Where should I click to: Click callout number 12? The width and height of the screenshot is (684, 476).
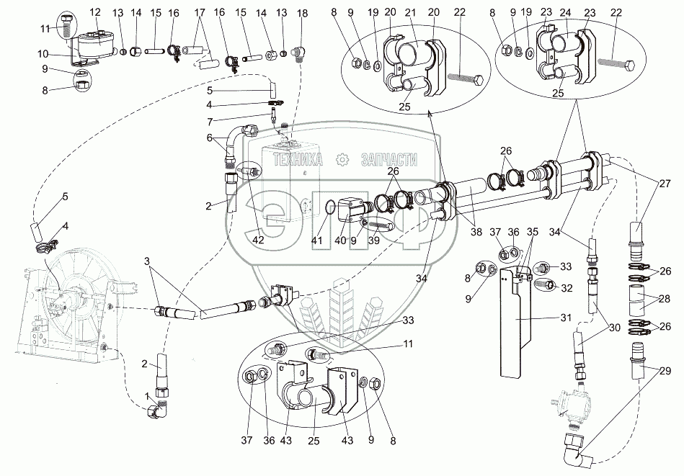pyautogui.click(x=96, y=12)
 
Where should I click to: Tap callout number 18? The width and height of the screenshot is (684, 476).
pyautogui.click(x=301, y=13)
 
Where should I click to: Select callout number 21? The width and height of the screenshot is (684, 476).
pyautogui.click(x=412, y=12)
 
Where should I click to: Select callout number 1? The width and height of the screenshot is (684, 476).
pyautogui.click(x=148, y=395)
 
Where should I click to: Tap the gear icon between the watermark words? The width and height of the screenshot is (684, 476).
pyautogui.click(x=344, y=159)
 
